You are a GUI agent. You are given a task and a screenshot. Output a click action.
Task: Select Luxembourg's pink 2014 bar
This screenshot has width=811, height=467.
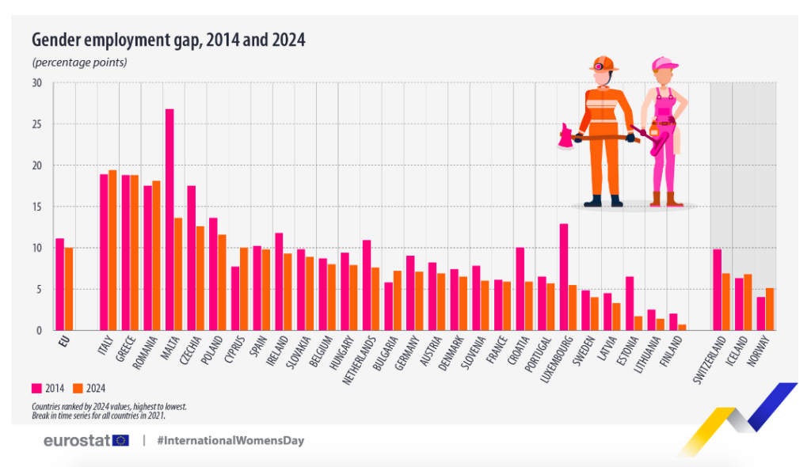564,277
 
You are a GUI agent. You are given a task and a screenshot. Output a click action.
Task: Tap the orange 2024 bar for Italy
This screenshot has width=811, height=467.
112,250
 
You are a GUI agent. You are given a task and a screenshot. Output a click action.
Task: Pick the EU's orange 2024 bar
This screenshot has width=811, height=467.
69,289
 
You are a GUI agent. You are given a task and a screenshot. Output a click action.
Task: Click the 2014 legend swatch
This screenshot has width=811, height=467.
36,388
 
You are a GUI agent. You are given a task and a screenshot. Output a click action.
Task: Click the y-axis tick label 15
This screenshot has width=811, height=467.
37,207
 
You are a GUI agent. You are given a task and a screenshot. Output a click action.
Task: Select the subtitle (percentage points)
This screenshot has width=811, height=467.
79,62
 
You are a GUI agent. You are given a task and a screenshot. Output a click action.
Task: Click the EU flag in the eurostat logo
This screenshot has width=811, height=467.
121,440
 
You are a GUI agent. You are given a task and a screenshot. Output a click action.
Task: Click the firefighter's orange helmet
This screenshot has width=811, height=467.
603,63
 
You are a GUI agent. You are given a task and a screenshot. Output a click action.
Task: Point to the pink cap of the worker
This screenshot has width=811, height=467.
664,63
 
